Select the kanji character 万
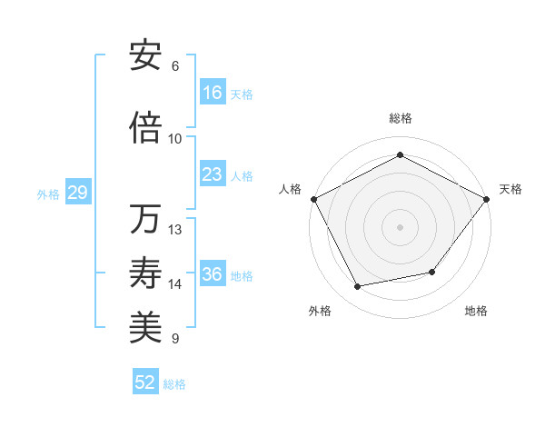145,219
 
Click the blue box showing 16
213,93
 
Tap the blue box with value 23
213,174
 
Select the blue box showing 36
213,274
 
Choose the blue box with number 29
77,193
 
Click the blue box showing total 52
145,382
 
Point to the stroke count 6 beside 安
175,66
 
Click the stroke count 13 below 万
175,230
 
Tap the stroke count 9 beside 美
175,339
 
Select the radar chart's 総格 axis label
400,118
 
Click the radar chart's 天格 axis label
510,189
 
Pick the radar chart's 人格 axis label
291,189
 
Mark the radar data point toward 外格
358,287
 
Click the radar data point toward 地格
432,273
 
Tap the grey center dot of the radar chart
400,226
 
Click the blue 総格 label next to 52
174,383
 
